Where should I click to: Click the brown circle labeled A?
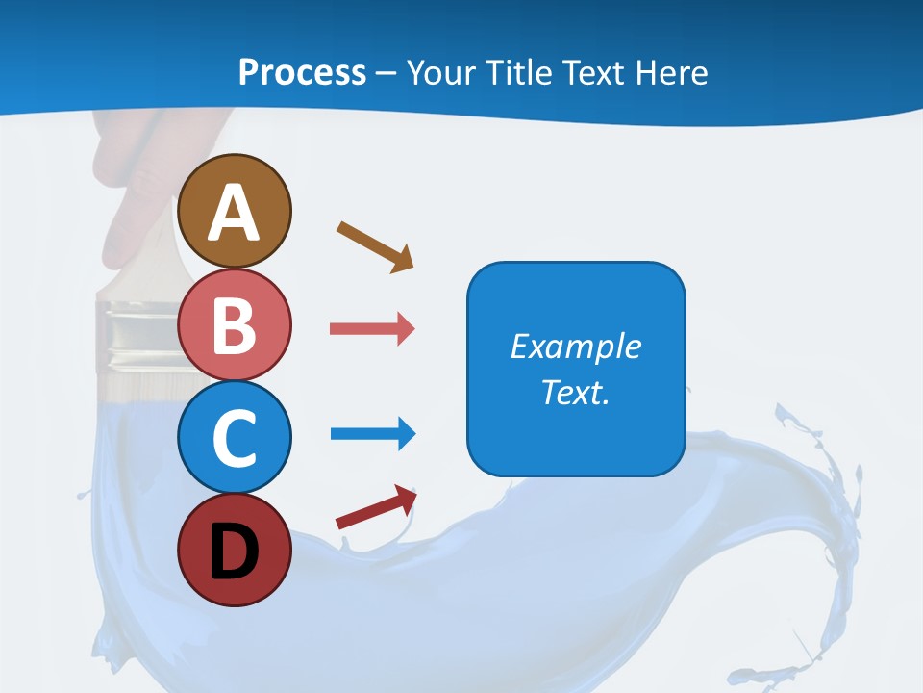(235, 210)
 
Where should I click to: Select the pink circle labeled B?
(235, 325)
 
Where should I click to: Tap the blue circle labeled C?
(235, 436)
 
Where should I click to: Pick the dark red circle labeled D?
(235, 550)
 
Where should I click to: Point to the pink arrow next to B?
(371, 329)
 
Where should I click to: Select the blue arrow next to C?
(371, 434)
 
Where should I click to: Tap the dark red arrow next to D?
(375, 507)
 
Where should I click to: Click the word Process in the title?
(302, 72)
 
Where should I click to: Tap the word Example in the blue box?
(575, 346)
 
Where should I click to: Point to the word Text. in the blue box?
(575, 392)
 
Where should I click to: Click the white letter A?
(235, 214)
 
